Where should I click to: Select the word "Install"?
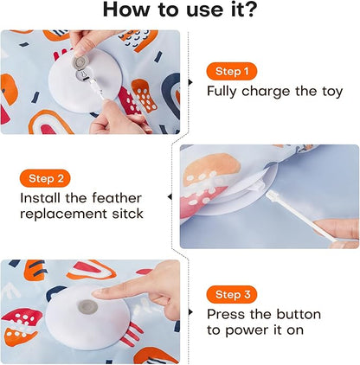pos(40,198)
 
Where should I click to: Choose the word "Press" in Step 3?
pos(227,315)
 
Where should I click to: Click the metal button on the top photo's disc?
pos(80,63)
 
